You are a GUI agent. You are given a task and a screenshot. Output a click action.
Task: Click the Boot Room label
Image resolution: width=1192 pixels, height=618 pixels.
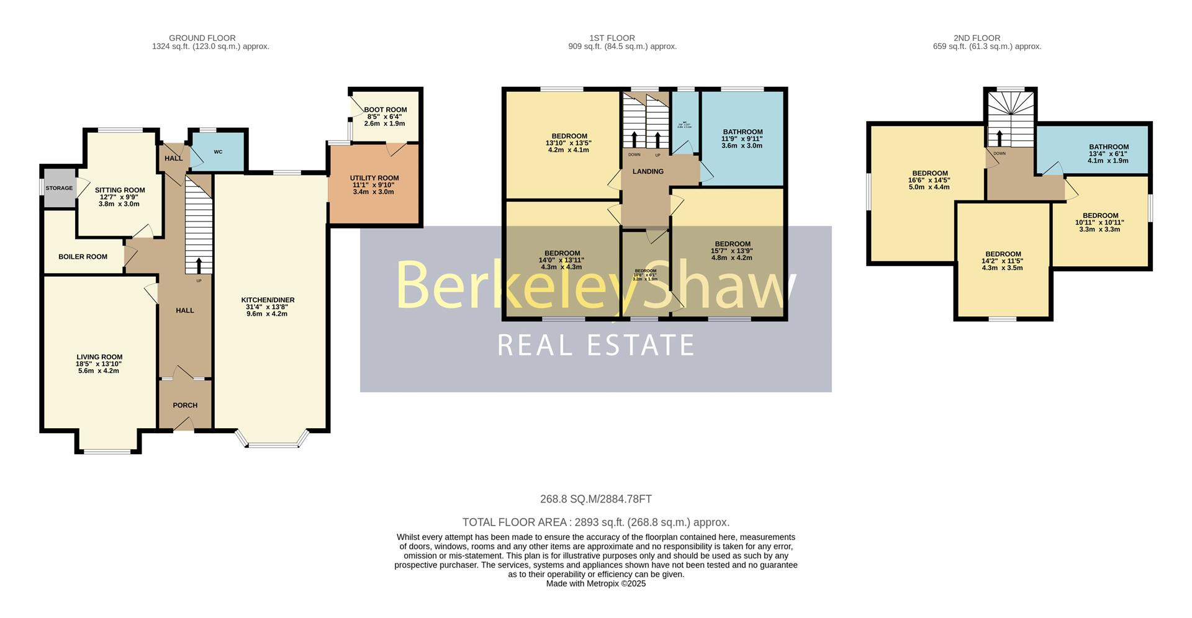[386, 110]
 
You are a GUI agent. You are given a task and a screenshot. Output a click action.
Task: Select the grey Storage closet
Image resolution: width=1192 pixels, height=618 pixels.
[59, 187]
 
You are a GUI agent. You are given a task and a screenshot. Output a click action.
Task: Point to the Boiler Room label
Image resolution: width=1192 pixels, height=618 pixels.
[83, 257]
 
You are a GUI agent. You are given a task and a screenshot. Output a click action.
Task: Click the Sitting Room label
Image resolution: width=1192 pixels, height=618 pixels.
[120, 190]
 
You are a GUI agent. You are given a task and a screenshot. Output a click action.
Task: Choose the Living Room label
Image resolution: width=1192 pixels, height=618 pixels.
[99, 357]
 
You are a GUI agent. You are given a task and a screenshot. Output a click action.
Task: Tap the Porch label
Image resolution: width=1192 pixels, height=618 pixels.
[185, 405]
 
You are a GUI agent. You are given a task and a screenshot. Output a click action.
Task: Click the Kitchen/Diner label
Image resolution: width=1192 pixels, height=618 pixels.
[268, 300]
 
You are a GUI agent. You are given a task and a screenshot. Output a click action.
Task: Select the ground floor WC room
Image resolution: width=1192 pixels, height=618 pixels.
[218, 152]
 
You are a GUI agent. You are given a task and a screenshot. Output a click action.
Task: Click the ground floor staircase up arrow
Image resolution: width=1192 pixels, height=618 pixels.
[199, 265]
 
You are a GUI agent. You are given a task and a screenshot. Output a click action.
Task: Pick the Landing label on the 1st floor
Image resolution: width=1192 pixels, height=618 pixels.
[648, 172]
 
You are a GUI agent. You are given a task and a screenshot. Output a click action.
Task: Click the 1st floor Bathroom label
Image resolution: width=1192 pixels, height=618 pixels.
[742, 132]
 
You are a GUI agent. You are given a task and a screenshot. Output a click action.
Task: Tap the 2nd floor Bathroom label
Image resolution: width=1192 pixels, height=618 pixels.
[1108, 147]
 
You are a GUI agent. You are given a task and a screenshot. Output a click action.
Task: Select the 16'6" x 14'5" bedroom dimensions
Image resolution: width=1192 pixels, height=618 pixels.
[929, 181]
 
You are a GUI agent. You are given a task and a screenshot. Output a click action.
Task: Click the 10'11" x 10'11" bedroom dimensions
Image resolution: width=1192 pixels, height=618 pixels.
[1099, 223]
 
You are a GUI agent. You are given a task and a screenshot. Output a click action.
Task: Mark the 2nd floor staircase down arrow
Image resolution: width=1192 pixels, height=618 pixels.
[999, 137]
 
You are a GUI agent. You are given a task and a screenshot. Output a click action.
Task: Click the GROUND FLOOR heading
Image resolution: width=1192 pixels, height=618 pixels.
[202, 38]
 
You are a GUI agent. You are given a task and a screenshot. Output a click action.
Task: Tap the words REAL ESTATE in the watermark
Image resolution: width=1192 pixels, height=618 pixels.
[595, 345]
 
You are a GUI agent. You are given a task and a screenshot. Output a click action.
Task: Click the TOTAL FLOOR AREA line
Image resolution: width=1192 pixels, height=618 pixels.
[595, 522]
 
